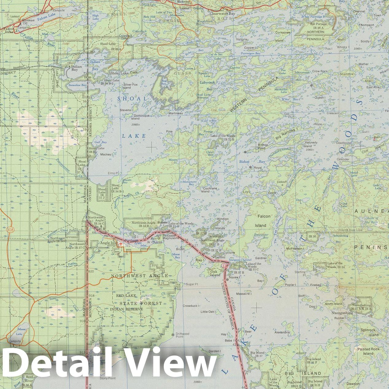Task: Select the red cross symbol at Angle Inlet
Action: [121, 244]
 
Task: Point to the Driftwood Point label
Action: [182, 335]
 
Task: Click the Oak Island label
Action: [215, 273]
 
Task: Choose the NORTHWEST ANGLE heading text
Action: [139, 276]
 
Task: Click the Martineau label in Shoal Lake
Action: [176, 113]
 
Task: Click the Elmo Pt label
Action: [113, 173]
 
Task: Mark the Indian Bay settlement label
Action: [76, 68]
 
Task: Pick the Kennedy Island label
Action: [311, 144]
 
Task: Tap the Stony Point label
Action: [107, 378]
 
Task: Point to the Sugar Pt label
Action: [192, 284]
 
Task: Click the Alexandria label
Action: [282, 332]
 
